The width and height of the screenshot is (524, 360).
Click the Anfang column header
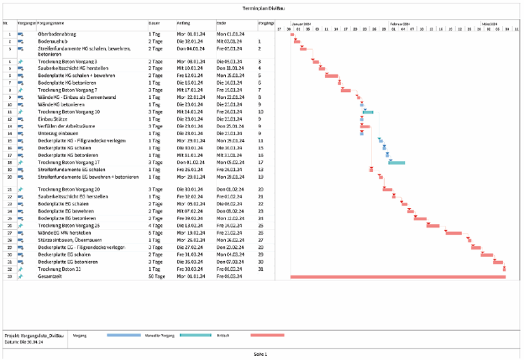pyautogui.click(x=183, y=23)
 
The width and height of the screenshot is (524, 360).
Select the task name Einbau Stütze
pyautogui.click(x=53, y=119)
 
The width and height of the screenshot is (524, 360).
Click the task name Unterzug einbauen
pyautogui.click(x=56, y=133)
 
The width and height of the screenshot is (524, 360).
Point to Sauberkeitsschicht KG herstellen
pyautogui.click(x=68, y=68)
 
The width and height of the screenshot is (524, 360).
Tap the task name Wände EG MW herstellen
pyautogui.click(x=61, y=232)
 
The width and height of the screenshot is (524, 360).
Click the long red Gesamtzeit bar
pyautogui.click(x=398, y=277)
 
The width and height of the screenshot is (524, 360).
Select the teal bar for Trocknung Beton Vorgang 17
pyautogui.click(x=396, y=162)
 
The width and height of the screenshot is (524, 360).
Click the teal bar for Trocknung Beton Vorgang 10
pyautogui.click(x=368, y=111)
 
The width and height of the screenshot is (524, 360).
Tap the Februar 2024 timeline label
pyautogui.click(x=400, y=23)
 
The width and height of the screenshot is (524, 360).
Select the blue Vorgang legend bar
pyautogui.click(x=123, y=335)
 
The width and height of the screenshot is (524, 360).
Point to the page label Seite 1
pyautogui.click(x=260, y=354)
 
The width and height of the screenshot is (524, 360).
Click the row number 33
pyautogui.click(x=9, y=277)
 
